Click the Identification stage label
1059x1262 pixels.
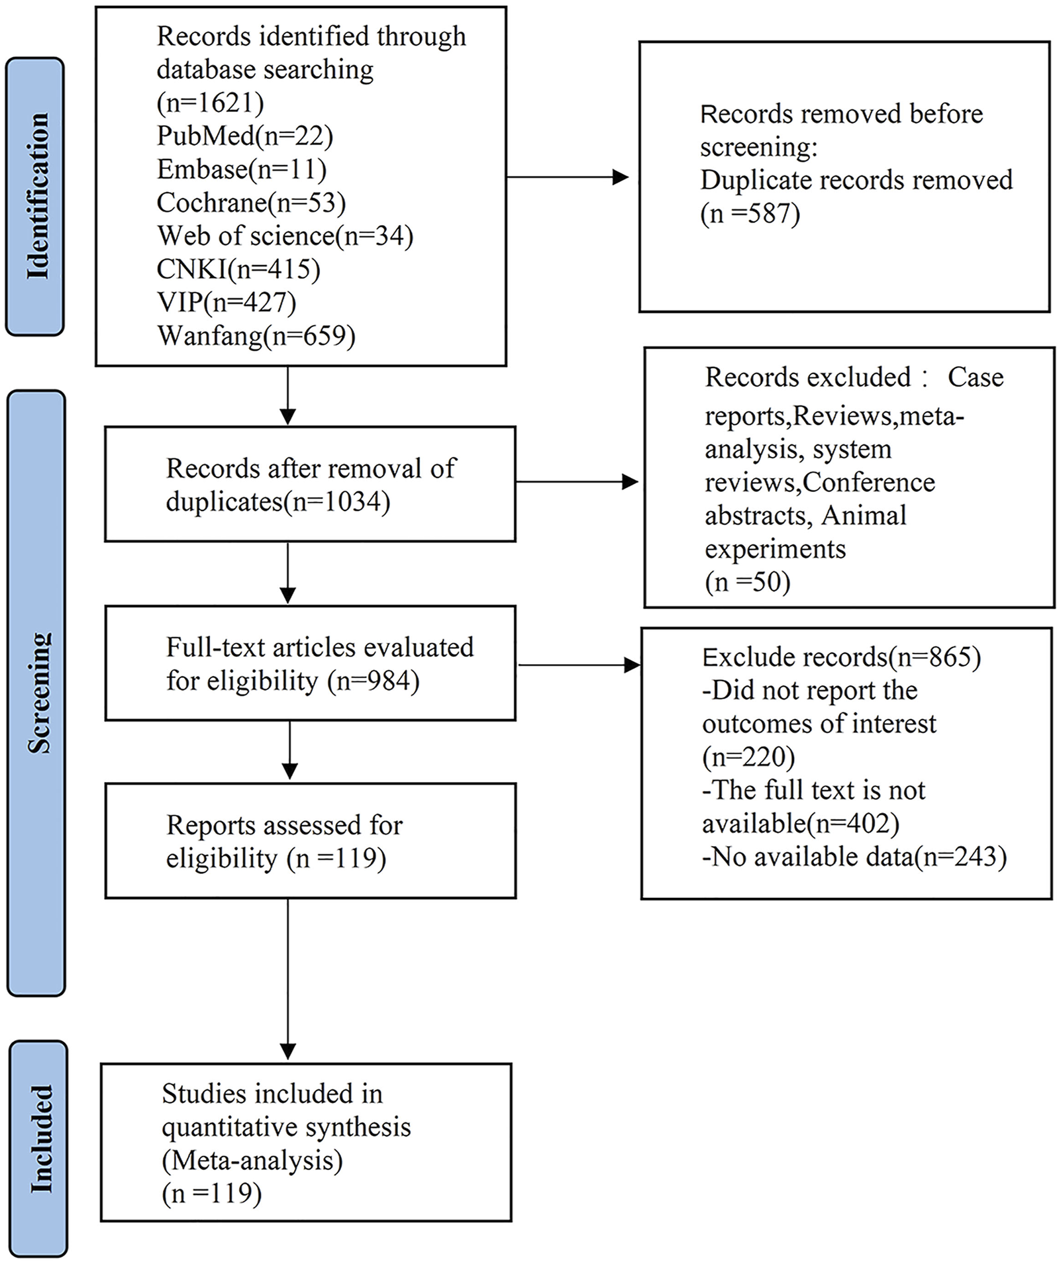[x=36, y=196]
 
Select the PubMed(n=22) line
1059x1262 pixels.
[x=244, y=136]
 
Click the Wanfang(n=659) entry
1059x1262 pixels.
[x=256, y=336]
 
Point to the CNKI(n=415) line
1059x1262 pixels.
[x=238, y=269]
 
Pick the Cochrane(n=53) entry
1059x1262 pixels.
[x=251, y=203]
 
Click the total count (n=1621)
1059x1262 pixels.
[x=210, y=103]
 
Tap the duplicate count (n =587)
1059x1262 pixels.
[x=750, y=213]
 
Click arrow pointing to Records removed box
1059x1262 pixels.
[x=566, y=177]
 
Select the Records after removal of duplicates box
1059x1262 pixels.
[x=310, y=484]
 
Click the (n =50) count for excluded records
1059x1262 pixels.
[x=747, y=581]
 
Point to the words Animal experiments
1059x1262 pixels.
[x=805, y=532]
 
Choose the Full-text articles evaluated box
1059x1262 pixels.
[x=310, y=663]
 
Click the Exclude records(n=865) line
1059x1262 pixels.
[x=841, y=657]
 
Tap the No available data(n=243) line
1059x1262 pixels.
[x=854, y=857]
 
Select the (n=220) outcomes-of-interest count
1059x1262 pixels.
[x=748, y=756]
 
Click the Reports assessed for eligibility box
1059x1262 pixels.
[x=310, y=840]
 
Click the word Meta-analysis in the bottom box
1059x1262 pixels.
[x=252, y=1160]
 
